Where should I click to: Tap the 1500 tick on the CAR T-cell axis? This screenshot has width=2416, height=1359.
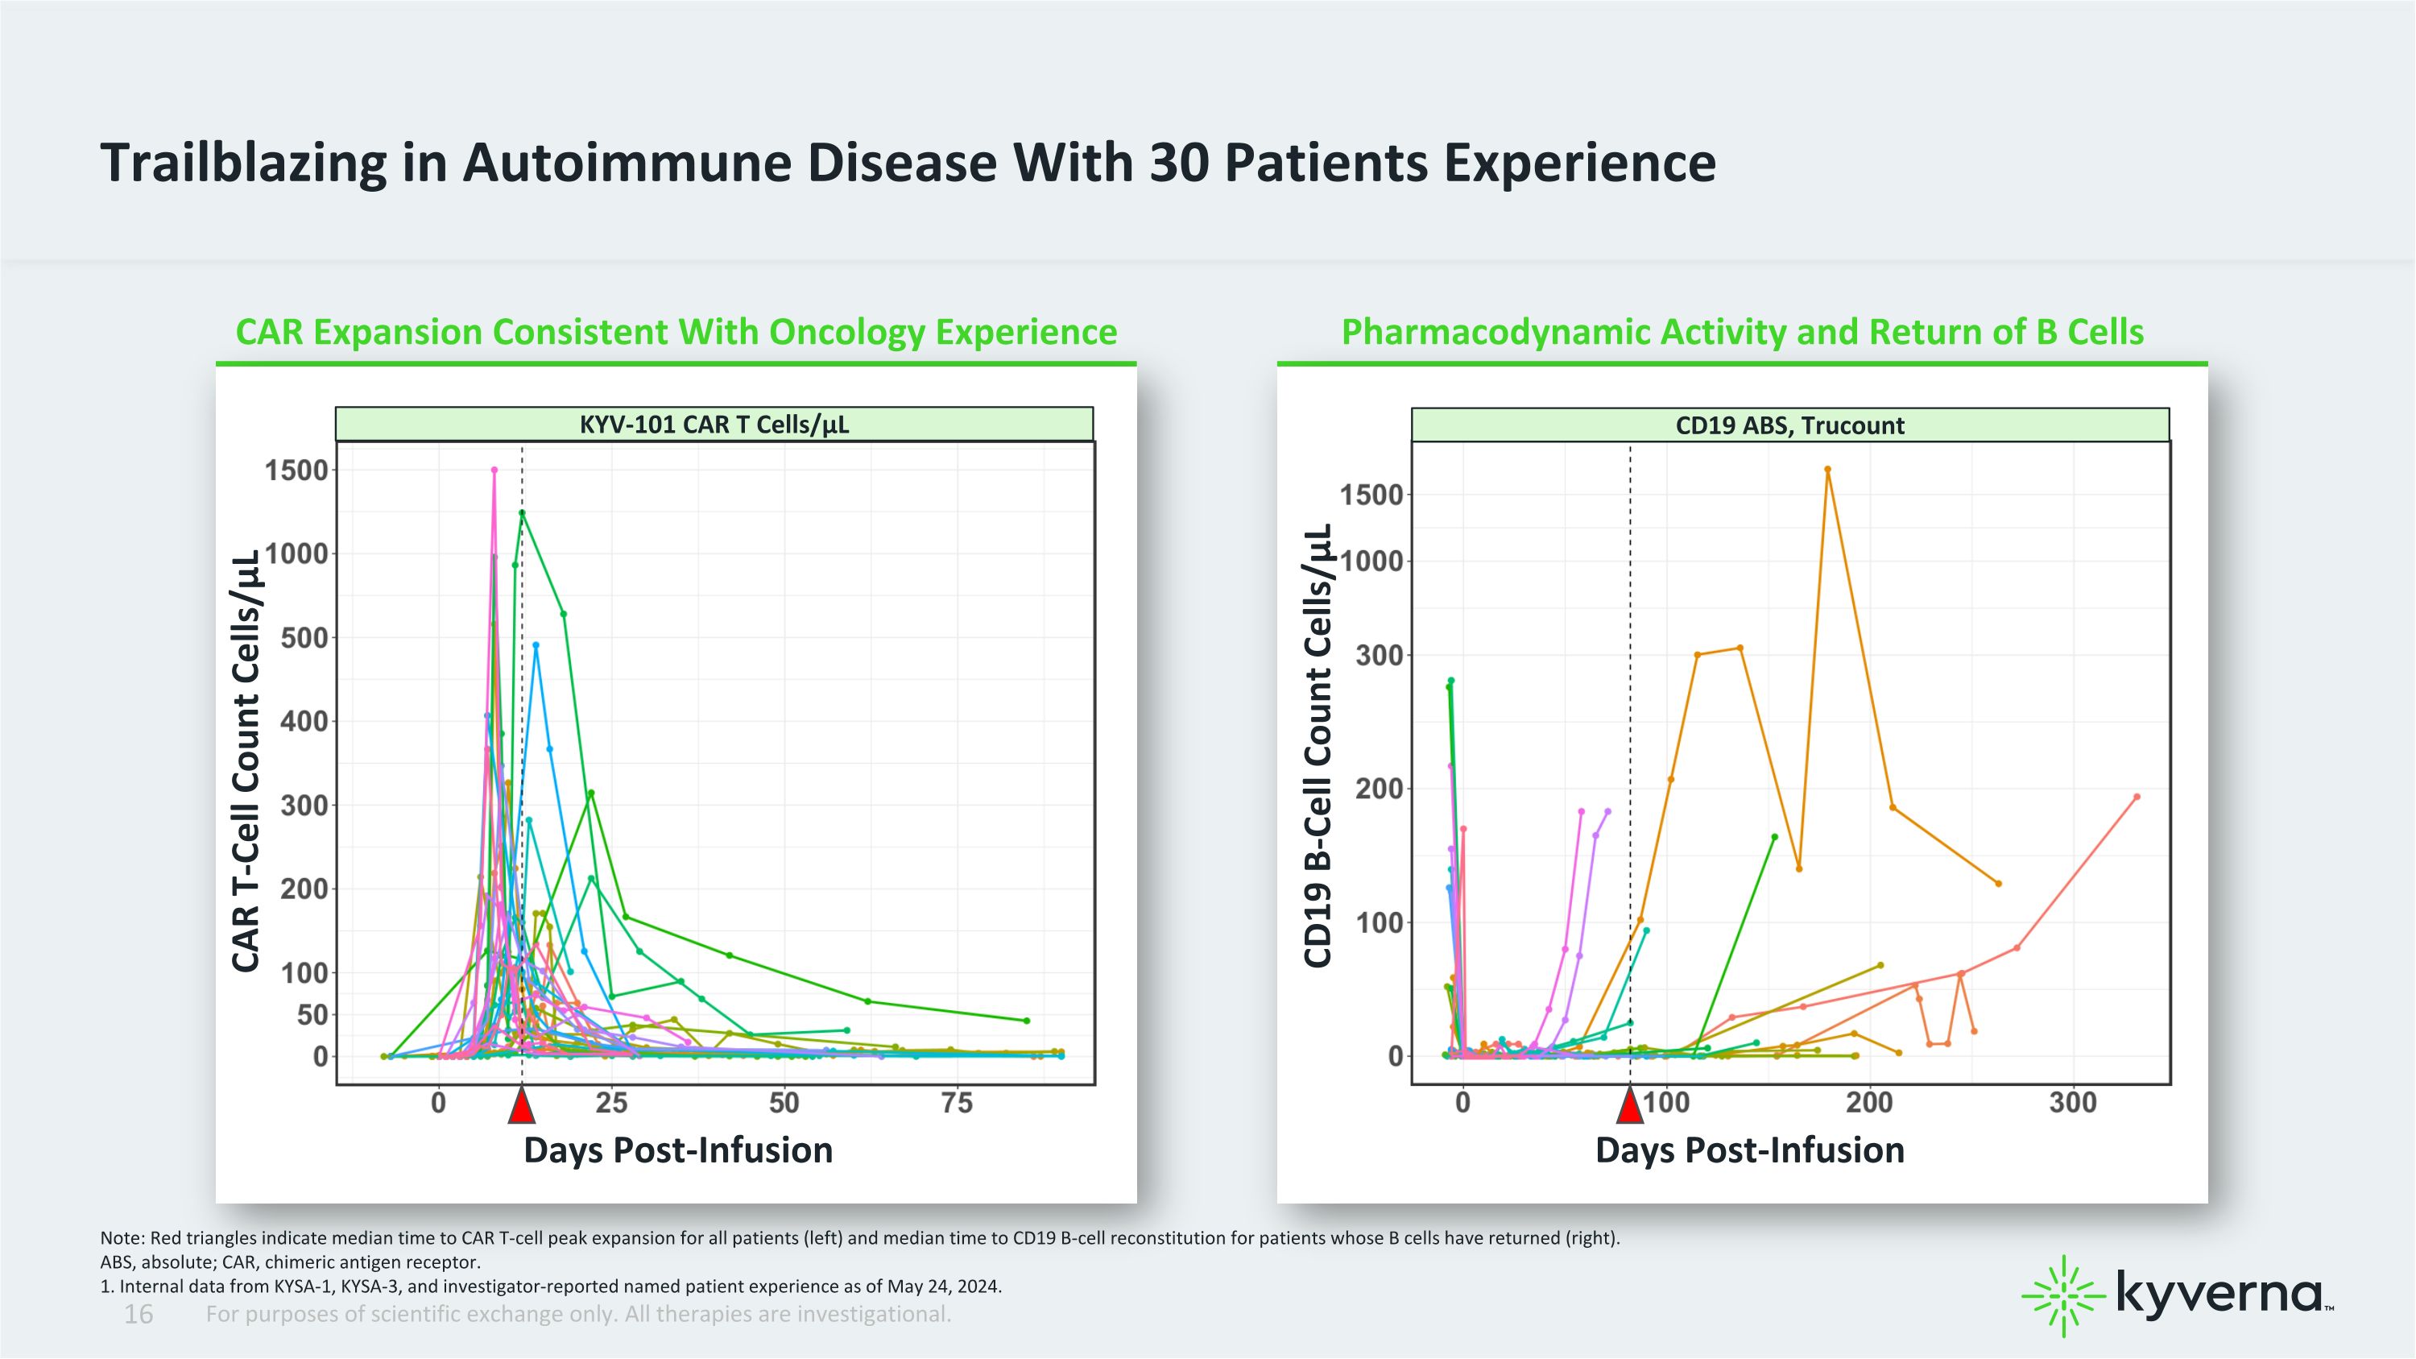pyautogui.click(x=296, y=470)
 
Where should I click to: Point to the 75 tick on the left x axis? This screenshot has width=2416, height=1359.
pyautogui.click(x=957, y=1103)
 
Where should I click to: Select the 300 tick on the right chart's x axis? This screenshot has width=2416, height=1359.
pyautogui.click(x=2073, y=1103)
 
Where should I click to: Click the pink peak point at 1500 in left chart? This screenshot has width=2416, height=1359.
pyautogui.click(x=494, y=470)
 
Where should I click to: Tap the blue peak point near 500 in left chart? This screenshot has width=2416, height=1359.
pyautogui.click(x=536, y=645)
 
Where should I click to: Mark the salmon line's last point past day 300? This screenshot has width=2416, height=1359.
pyautogui.click(x=2137, y=798)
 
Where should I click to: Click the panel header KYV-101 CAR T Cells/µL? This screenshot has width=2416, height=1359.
pyautogui.click(x=714, y=425)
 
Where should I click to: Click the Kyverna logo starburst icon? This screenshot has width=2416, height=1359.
pyautogui.click(x=2062, y=1296)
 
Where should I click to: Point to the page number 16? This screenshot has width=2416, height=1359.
pyautogui.click(x=138, y=1315)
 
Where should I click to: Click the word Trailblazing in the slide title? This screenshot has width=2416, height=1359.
pyautogui.click(x=244, y=164)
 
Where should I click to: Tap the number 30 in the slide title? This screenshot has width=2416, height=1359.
pyautogui.click(x=1180, y=164)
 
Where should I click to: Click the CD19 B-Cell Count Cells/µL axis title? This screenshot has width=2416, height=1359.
pyautogui.click(x=1318, y=747)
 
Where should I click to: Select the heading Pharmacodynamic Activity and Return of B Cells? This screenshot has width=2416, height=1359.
pyautogui.click(x=1743, y=332)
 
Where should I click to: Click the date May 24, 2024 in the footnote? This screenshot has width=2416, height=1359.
pyautogui.click(x=945, y=1286)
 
